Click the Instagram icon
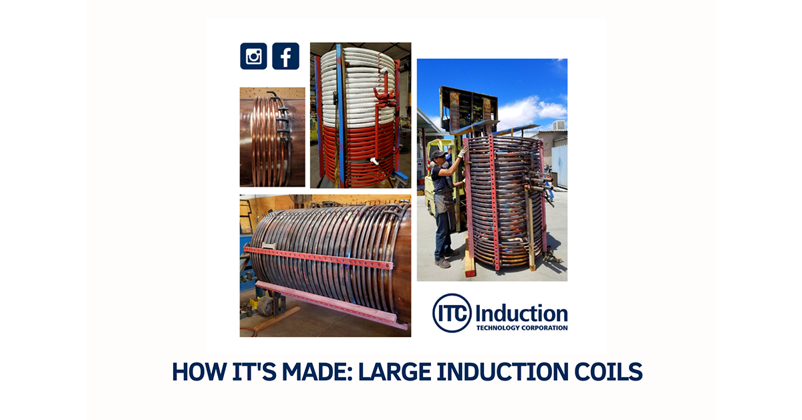click(253, 56)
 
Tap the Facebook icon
click(285, 56)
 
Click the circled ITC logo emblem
click(452, 313)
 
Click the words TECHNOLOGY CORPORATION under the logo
click(521, 328)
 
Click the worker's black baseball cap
click(438, 154)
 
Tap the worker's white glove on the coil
click(462, 152)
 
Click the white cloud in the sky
click(535, 110)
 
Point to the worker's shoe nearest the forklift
click(442, 263)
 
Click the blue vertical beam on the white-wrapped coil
click(340, 114)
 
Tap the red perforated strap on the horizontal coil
click(321, 257)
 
